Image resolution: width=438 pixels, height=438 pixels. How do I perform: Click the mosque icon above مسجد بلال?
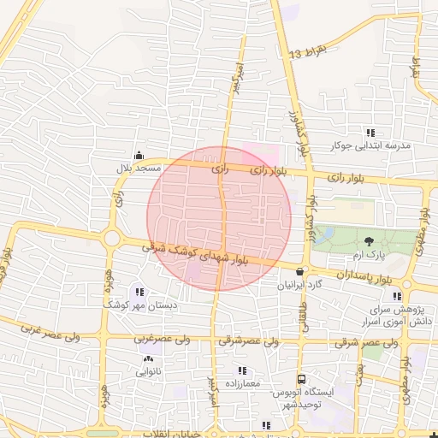point(139,155)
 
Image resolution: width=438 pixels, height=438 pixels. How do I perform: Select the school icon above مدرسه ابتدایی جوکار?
point(370,133)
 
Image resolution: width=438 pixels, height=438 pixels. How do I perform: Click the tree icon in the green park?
point(369,242)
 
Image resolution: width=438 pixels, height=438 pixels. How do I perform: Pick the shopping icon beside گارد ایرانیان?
point(299,271)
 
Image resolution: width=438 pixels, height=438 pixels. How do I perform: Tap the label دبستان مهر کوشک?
point(140,304)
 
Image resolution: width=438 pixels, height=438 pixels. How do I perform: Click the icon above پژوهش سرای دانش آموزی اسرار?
point(396,296)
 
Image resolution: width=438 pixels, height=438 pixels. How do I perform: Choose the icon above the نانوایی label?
point(150,359)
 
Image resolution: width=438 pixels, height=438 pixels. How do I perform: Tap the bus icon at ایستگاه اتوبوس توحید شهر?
point(301,379)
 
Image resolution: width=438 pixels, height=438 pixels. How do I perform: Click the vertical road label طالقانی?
point(304,316)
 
